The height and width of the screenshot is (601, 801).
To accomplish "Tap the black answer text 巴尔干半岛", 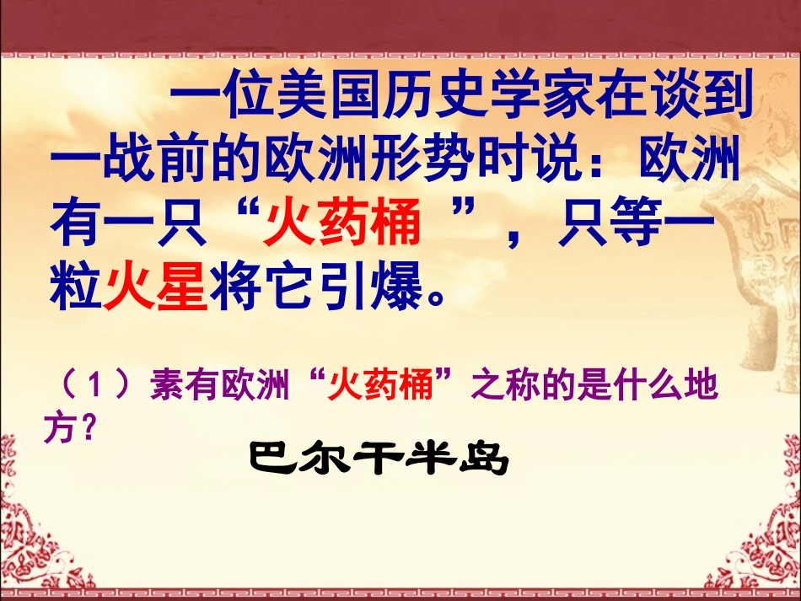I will point(379,459).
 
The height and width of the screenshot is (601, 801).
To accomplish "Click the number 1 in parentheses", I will point(95,388).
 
